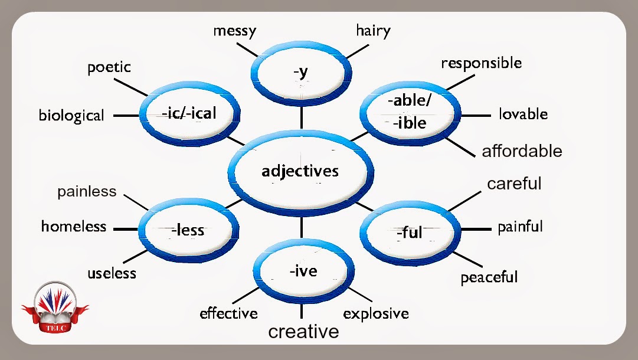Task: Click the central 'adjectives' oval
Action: tap(300, 172)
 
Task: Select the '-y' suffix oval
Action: tap(302, 73)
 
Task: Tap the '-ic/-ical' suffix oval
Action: tap(189, 113)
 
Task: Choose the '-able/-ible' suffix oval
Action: tap(410, 112)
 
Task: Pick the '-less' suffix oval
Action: tap(188, 230)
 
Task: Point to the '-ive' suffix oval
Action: tap(303, 271)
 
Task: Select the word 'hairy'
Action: tap(373, 31)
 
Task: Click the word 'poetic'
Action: tap(109, 67)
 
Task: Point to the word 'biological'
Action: tap(71, 115)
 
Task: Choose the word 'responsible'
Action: tap(482, 63)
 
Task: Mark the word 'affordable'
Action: tap(522, 151)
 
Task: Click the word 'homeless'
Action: tap(74, 226)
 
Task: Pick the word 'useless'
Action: tap(112, 273)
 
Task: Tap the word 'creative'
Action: tap(303, 332)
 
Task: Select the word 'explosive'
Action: tap(376, 313)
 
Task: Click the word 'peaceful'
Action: tap(489, 277)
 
